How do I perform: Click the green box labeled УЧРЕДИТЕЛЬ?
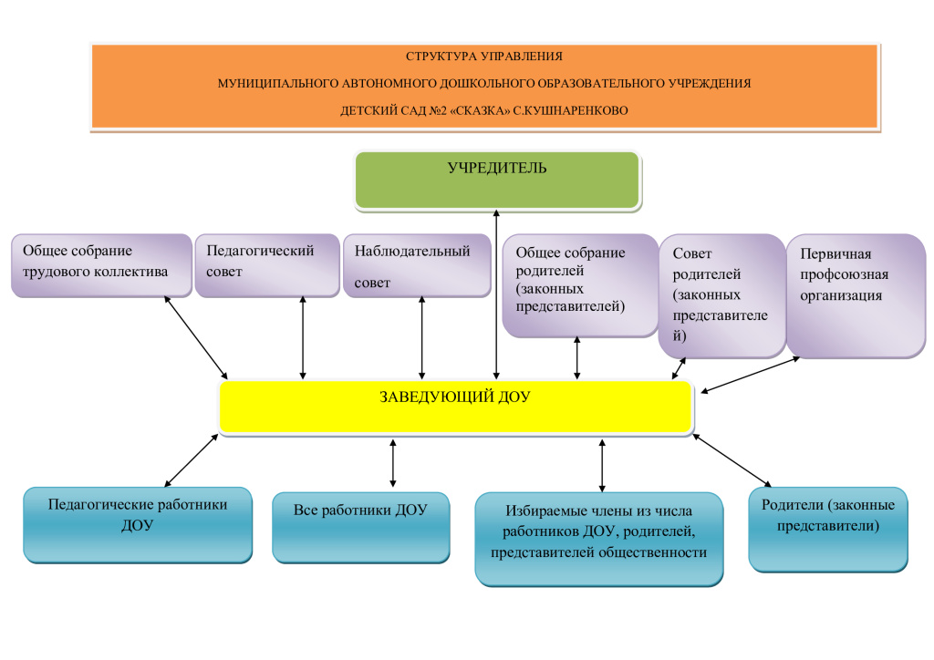click(x=497, y=180)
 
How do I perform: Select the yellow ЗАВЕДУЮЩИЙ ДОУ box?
click(x=456, y=407)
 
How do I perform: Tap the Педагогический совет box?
click(x=267, y=265)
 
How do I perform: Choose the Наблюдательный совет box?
click(x=417, y=265)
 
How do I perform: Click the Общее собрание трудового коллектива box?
click(x=101, y=265)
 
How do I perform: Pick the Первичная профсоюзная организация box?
click(x=856, y=295)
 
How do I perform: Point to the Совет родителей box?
click(x=722, y=295)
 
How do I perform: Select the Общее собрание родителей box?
click(x=580, y=285)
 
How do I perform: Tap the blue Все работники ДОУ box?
click(x=361, y=527)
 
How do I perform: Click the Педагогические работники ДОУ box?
click(x=138, y=525)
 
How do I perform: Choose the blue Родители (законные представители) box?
click(x=828, y=530)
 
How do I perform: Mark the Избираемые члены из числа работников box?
click(x=598, y=539)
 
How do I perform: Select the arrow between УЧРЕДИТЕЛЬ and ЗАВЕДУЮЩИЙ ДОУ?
click(x=496, y=294)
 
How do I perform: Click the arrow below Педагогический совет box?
click(x=303, y=338)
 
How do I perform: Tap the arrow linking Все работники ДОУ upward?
click(x=392, y=463)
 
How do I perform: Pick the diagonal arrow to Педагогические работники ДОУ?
click(x=192, y=460)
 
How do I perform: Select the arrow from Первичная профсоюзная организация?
click(x=750, y=375)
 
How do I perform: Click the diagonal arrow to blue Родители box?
click(x=732, y=460)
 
